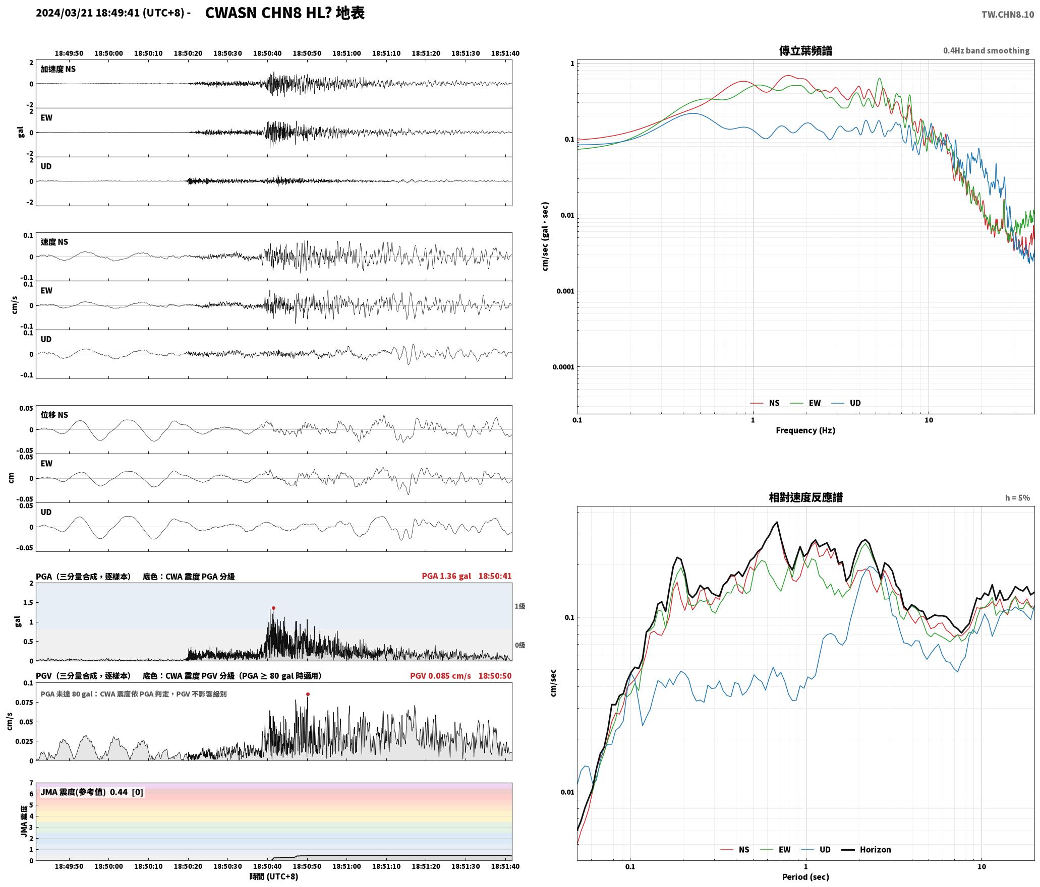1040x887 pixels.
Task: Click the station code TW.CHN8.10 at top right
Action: tap(1007, 14)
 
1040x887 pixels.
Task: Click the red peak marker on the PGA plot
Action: tap(273, 608)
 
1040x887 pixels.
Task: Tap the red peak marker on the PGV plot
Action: tap(308, 694)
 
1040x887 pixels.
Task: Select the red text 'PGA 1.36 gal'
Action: tap(446, 576)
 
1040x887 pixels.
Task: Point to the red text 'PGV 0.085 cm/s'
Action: tap(440, 675)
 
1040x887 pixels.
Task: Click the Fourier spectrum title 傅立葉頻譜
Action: tap(805, 50)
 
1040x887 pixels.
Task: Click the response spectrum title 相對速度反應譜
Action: tap(805, 497)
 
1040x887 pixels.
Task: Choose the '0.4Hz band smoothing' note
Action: tap(986, 50)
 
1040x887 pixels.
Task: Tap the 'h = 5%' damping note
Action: tap(1017, 497)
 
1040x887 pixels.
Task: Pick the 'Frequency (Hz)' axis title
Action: tap(805, 430)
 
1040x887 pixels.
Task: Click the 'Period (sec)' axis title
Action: tap(805, 876)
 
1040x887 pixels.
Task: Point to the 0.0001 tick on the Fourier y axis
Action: tap(563, 367)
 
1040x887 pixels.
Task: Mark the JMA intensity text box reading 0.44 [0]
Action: tap(92, 792)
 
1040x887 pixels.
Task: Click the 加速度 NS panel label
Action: tap(58, 69)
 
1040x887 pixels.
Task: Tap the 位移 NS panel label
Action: tap(54, 415)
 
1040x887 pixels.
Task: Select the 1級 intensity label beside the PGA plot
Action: tap(520, 606)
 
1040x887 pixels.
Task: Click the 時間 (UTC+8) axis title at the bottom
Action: tap(273, 876)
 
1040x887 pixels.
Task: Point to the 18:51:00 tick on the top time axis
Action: tap(346, 53)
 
